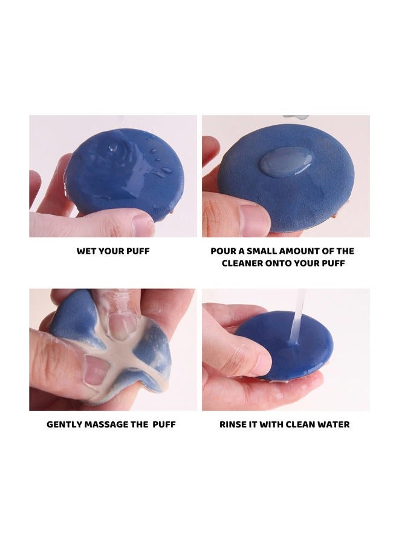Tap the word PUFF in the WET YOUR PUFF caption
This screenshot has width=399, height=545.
tap(138, 251)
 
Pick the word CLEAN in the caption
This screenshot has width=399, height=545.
tap(303, 424)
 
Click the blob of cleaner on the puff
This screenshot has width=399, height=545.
tap(286, 162)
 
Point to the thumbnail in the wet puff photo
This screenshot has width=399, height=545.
tap(143, 224)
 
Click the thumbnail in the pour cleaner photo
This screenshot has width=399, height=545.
tap(255, 220)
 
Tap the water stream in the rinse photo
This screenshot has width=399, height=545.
tap(298, 316)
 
